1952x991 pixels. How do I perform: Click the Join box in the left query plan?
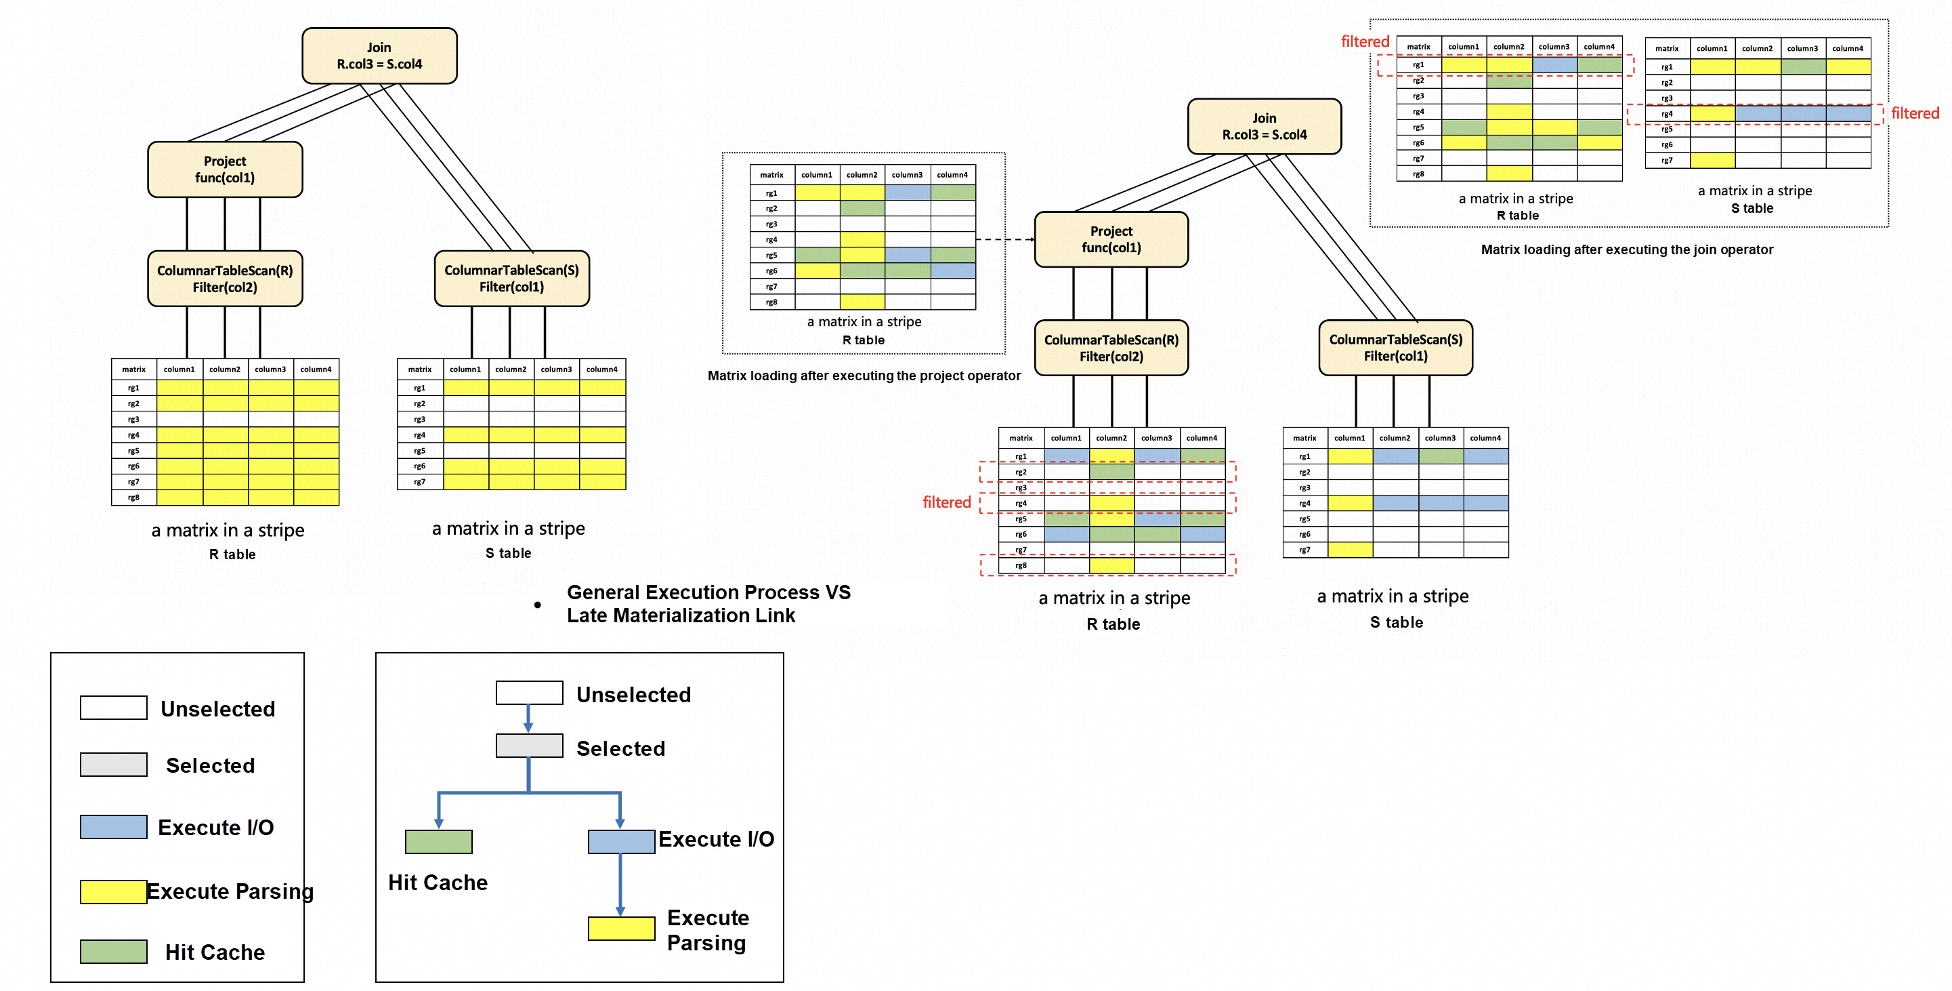click(x=379, y=56)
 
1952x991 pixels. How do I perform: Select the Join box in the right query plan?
click(x=1264, y=127)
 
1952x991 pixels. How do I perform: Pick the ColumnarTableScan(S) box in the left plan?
click(x=511, y=279)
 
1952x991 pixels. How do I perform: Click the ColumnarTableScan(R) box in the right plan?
click(x=1111, y=348)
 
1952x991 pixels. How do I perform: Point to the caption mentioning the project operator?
click(x=864, y=376)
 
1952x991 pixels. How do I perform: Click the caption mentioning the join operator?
click(x=1626, y=250)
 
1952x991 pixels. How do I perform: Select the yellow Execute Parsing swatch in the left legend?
click(x=114, y=891)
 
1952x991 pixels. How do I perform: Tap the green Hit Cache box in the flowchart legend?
click(x=439, y=842)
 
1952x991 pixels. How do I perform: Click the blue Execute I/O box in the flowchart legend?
click(x=621, y=842)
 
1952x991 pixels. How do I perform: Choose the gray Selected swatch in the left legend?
click(x=114, y=765)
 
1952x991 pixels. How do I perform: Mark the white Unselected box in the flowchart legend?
click(x=529, y=693)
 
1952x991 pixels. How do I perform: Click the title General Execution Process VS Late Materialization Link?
click(x=708, y=605)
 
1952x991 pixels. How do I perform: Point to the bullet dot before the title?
click(x=537, y=605)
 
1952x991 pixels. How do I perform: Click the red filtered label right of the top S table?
click(x=1914, y=114)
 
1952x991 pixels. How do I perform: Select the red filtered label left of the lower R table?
click(x=946, y=503)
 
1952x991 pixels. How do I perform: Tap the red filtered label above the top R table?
click(x=1365, y=42)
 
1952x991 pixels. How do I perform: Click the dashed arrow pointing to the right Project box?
click(x=1006, y=239)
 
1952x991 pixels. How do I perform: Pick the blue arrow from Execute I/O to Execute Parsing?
click(x=620, y=885)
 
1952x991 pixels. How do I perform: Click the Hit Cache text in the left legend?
click(x=215, y=952)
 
